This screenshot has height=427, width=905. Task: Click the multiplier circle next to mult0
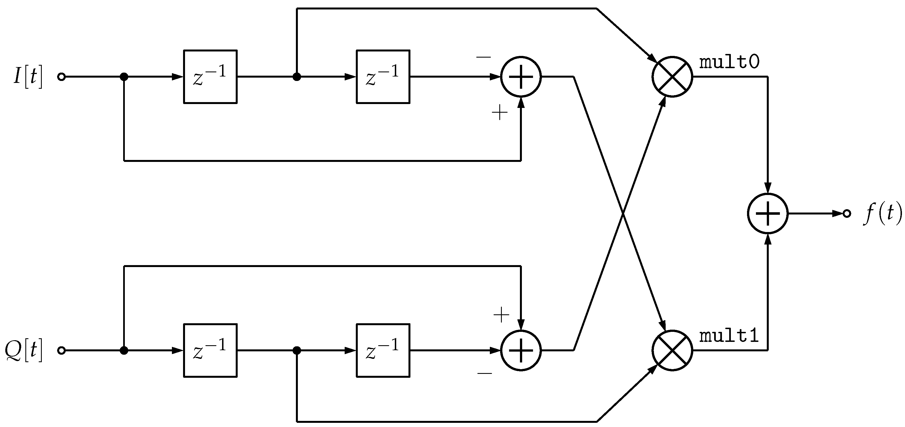pyautogui.click(x=672, y=76)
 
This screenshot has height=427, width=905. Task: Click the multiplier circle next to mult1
pyautogui.click(x=672, y=350)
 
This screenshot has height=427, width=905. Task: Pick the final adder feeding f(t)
pyautogui.click(x=768, y=213)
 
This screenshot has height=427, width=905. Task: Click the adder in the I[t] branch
pyautogui.click(x=521, y=77)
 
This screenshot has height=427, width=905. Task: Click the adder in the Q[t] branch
pyautogui.click(x=521, y=350)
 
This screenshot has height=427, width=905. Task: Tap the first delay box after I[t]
pyautogui.click(x=210, y=76)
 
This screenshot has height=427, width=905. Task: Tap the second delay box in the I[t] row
pyautogui.click(x=383, y=76)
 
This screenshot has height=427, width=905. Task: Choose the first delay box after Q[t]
pyautogui.click(x=210, y=350)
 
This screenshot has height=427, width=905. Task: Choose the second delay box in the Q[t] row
pyautogui.click(x=383, y=350)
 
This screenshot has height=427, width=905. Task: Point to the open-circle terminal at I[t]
pyautogui.click(x=62, y=77)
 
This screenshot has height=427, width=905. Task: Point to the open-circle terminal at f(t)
pyautogui.click(x=847, y=213)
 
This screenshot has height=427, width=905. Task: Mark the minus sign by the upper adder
pyautogui.click(x=483, y=57)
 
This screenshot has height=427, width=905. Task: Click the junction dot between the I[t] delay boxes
pyautogui.click(x=297, y=77)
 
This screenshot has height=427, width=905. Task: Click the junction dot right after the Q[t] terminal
pyautogui.click(x=124, y=350)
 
